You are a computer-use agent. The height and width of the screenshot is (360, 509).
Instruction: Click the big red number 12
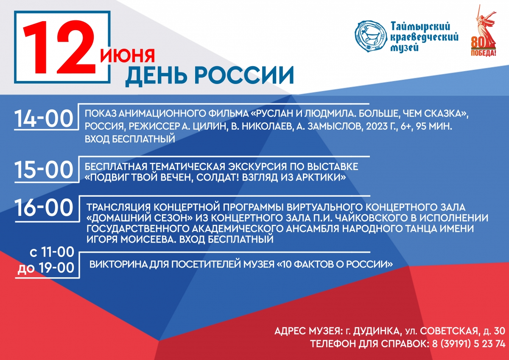pos(59,47)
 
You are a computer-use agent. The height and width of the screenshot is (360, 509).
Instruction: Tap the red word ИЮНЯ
pos(128,56)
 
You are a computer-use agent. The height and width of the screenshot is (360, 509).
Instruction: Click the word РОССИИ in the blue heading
pos(244,75)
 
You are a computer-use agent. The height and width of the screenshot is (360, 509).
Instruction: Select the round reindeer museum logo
pos(371,36)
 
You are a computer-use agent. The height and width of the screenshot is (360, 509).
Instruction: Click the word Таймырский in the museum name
pos(420,27)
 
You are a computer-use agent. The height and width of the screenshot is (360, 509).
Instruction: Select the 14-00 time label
pos(44,119)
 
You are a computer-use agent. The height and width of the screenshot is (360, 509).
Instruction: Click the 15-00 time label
pos(44,170)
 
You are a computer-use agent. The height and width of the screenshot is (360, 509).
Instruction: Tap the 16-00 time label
pos(44,208)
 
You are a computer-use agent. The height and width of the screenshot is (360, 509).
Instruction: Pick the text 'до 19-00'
pos(46,268)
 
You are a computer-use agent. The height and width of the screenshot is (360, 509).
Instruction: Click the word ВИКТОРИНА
pos(119,264)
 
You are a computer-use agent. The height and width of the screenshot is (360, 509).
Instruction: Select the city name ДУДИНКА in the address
pos(376,331)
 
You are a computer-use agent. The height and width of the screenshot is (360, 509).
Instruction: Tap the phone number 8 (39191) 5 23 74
pos(469,343)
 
